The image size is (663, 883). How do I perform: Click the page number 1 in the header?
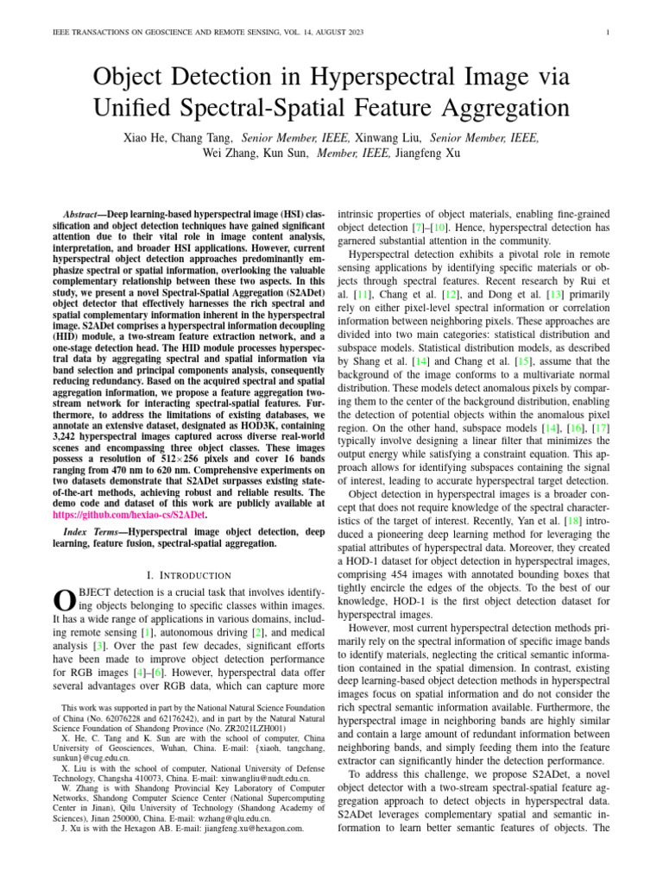pos(609,33)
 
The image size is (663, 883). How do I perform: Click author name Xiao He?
pos(145,137)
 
